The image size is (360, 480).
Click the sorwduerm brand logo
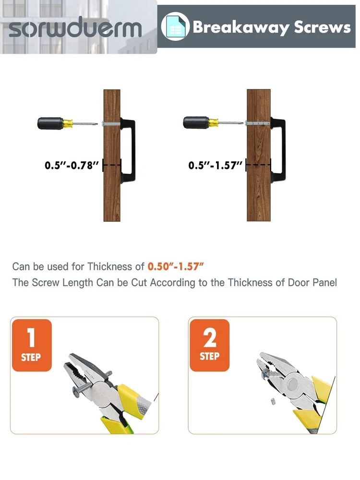point(75,27)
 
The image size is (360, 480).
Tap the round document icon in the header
point(175,26)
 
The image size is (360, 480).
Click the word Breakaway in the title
point(241,27)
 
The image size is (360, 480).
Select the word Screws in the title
point(323,27)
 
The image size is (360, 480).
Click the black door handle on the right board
point(278,150)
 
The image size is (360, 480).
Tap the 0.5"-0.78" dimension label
point(72,165)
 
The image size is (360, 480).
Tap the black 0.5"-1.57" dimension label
point(215,165)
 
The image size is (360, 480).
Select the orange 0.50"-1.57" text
point(176,266)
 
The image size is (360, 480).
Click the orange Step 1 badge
point(32,345)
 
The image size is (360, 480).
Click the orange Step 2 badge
point(210,345)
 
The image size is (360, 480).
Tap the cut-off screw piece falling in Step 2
point(273,401)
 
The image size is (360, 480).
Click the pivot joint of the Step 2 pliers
point(293,383)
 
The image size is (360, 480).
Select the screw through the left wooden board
point(111,124)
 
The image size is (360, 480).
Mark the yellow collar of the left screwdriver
point(68,123)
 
